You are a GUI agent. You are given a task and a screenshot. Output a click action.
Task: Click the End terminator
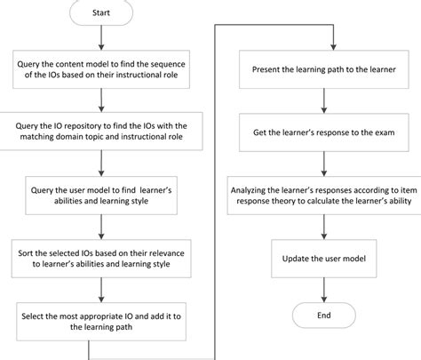324,315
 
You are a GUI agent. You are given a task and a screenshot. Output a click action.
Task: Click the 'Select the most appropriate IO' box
102,320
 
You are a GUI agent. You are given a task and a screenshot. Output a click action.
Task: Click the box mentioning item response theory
324,196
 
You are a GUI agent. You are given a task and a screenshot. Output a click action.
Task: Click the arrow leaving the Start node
102,37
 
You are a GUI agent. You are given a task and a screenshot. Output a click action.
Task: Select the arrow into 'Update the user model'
324,227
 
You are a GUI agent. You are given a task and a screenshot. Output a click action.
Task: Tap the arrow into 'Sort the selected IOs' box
102,228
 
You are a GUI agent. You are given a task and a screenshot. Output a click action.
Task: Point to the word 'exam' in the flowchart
393,132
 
